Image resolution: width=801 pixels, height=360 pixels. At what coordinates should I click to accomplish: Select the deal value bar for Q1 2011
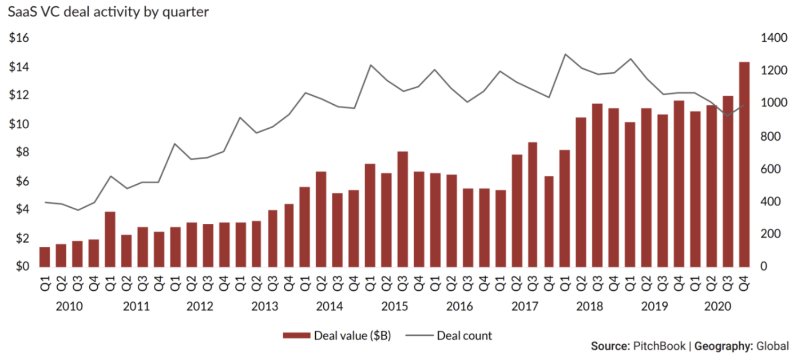pos(110,239)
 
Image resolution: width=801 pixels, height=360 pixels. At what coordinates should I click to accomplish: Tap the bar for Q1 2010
pos(45,257)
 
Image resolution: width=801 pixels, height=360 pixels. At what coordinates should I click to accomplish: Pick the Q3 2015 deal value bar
pos(403,209)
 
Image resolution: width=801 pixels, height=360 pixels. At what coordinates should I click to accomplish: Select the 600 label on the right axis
pos(770,169)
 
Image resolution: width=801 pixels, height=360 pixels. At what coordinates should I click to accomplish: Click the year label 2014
pos(330,307)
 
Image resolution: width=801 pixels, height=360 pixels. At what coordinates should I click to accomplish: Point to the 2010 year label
pos(69,307)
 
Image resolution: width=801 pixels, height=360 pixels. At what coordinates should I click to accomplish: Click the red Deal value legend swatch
pos(296,335)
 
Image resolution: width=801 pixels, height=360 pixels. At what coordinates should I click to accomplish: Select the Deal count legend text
pos(464,335)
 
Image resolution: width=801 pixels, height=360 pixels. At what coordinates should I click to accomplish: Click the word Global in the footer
pos(772,346)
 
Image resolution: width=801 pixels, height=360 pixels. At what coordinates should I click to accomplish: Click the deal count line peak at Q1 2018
pos(565,54)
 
